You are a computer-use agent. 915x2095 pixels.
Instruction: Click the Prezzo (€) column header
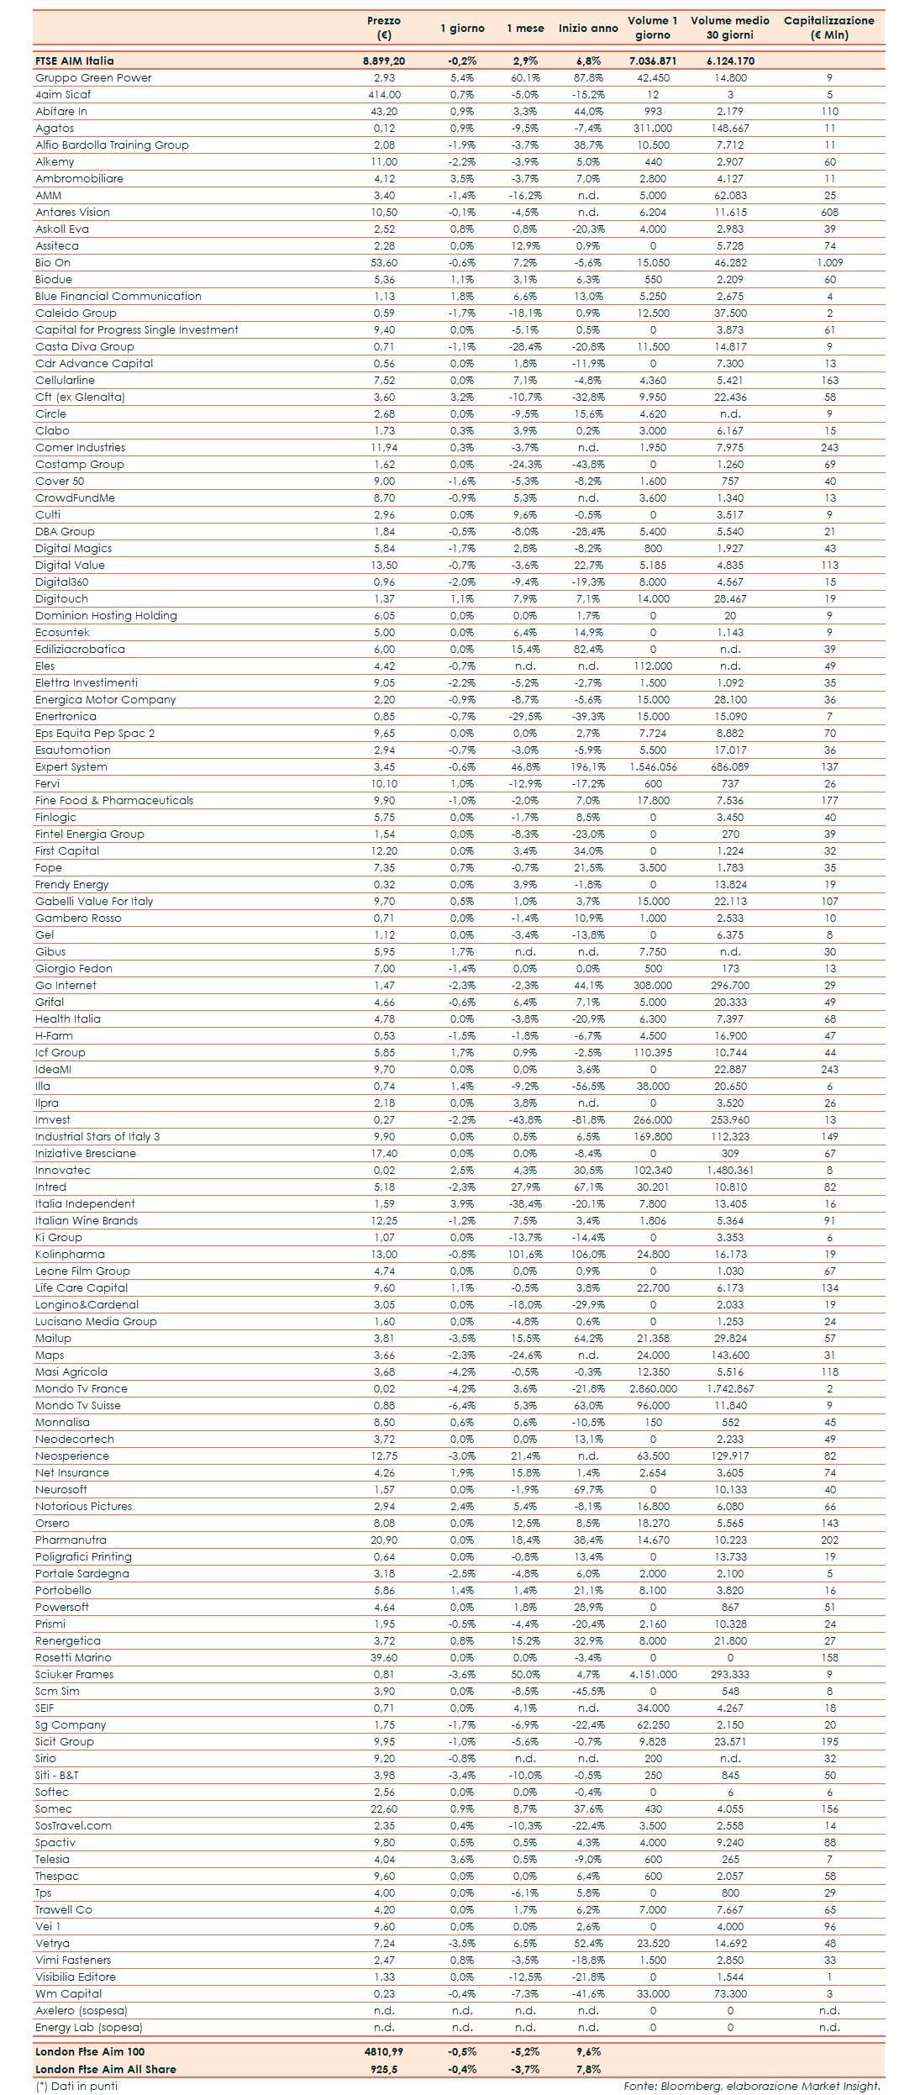click(384, 28)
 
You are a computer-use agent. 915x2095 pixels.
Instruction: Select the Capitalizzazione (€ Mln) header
click(828, 28)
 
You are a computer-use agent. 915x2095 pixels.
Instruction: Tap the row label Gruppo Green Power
click(93, 78)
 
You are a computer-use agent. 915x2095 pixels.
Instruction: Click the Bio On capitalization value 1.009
click(829, 263)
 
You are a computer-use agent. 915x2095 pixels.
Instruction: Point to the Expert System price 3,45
click(384, 767)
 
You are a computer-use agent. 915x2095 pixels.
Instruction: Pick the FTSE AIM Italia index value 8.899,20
click(384, 61)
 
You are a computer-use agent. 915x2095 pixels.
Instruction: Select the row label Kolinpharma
click(70, 1255)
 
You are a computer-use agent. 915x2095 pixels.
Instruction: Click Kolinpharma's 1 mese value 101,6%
click(525, 1255)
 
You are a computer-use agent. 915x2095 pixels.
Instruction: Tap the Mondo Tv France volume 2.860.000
click(653, 1389)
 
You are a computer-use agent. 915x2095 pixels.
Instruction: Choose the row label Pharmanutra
click(71, 1540)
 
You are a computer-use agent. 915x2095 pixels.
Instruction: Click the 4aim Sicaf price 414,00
click(384, 95)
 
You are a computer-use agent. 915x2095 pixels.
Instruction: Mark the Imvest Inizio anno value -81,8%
click(588, 1120)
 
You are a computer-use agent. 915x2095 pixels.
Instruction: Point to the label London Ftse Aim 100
click(90, 2051)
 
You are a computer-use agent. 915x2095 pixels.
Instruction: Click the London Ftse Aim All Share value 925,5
click(384, 2069)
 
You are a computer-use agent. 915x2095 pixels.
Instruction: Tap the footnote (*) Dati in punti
click(76, 2086)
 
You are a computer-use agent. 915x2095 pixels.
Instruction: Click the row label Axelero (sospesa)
click(82, 2011)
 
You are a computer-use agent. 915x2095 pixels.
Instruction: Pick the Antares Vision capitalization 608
click(829, 213)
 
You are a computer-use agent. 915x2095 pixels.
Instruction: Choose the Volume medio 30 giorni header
click(730, 28)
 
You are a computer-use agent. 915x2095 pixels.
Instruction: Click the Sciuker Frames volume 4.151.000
click(653, 1675)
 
